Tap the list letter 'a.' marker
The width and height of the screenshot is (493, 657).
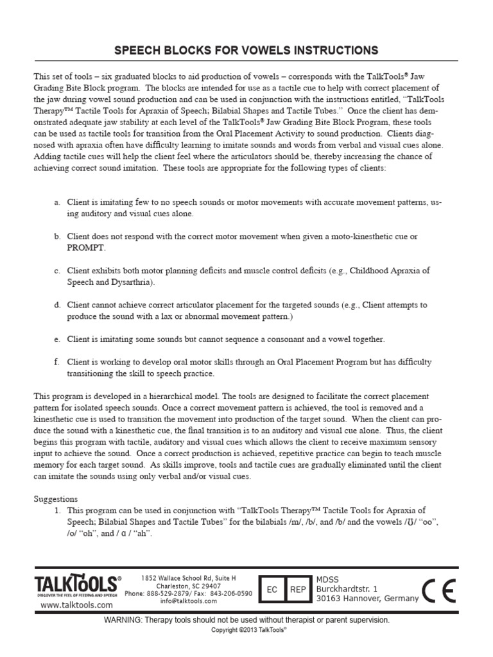(x=58, y=202)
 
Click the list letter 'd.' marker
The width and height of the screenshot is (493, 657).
(x=58, y=305)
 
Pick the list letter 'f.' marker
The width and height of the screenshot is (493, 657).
(x=57, y=363)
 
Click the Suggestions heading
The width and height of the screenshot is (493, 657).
(x=55, y=499)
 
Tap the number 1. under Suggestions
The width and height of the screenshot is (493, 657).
(x=58, y=510)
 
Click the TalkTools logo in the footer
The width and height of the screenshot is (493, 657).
(x=76, y=584)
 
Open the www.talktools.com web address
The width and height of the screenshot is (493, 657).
(x=76, y=605)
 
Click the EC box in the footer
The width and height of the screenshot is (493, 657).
(x=272, y=589)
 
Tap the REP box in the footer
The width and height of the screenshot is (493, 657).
(x=298, y=589)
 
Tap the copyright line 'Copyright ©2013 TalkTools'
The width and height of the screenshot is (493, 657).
(x=248, y=630)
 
